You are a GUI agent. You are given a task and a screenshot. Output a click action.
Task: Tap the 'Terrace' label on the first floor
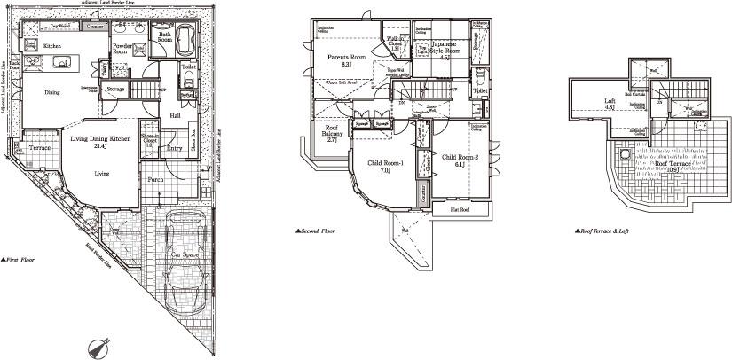(39, 147)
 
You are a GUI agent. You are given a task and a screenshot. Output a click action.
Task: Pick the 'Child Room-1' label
(386, 164)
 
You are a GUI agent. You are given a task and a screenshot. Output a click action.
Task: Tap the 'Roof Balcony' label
(325, 137)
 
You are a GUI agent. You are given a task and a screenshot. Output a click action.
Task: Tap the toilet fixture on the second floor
(480, 74)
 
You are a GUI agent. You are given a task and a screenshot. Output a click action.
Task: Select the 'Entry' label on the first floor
(175, 149)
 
